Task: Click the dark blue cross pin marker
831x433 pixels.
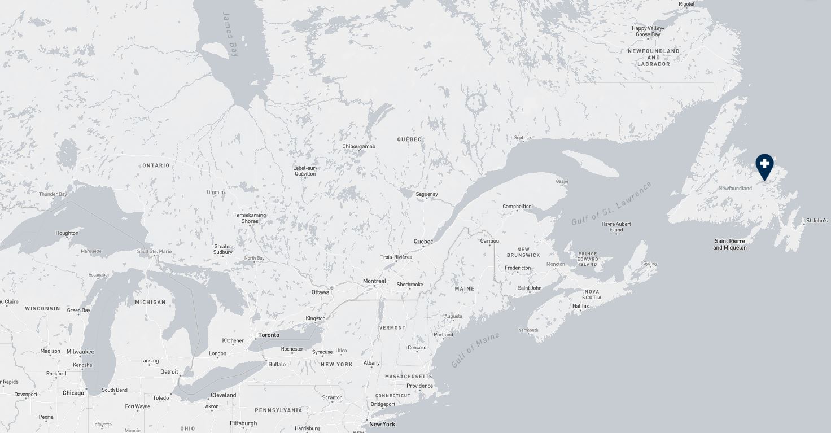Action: pyautogui.click(x=764, y=165)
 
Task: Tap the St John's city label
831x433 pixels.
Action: pyautogui.click(x=816, y=221)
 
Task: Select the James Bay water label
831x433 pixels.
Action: pyautogui.click(x=231, y=34)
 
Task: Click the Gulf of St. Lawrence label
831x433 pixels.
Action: pyautogui.click(x=611, y=204)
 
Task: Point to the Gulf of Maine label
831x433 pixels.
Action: pyautogui.click(x=475, y=350)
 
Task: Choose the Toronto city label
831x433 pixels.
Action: pyautogui.click(x=269, y=335)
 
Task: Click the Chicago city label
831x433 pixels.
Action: pyautogui.click(x=73, y=393)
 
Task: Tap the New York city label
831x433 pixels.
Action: pyautogui.click(x=382, y=424)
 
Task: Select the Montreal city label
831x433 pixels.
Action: pyautogui.click(x=374, y=281)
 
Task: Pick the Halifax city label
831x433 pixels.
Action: pyautogui.click(x=580, y=306)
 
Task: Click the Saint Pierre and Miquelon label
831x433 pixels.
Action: pyautogui.click(x=729, y=244)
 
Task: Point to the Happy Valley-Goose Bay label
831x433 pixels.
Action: pyautogui.click(x=648, y=32)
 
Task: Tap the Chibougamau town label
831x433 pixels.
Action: pyautogui.click(x=358, y=147)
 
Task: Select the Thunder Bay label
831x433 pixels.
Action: pyautogui.click(x=53, y=194)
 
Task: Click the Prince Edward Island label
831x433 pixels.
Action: pyautogui.click(x=587, y=259)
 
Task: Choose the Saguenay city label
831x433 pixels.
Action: pyautogui.click(x=427, y=194)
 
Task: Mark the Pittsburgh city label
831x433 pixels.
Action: pyautogui.click(x=243, y=423)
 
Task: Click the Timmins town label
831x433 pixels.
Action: pyautogui.click(x=216, y=192)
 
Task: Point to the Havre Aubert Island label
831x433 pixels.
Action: pyautogui.click(x=616, y=227)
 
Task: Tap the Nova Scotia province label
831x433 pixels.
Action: pyautogui.click(x=592, y=294)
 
